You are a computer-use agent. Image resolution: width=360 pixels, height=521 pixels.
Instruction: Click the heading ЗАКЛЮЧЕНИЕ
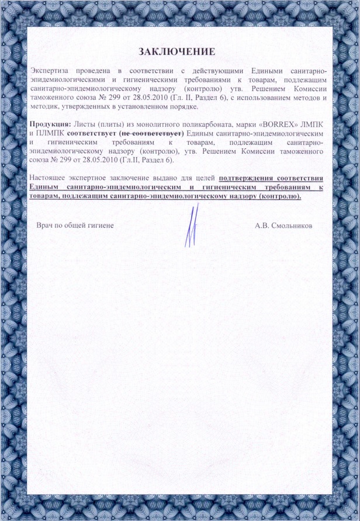[176, 51]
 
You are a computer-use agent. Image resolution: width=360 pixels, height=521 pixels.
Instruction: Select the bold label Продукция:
[50, 125]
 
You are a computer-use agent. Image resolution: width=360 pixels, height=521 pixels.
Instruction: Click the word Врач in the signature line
[46, 225]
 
